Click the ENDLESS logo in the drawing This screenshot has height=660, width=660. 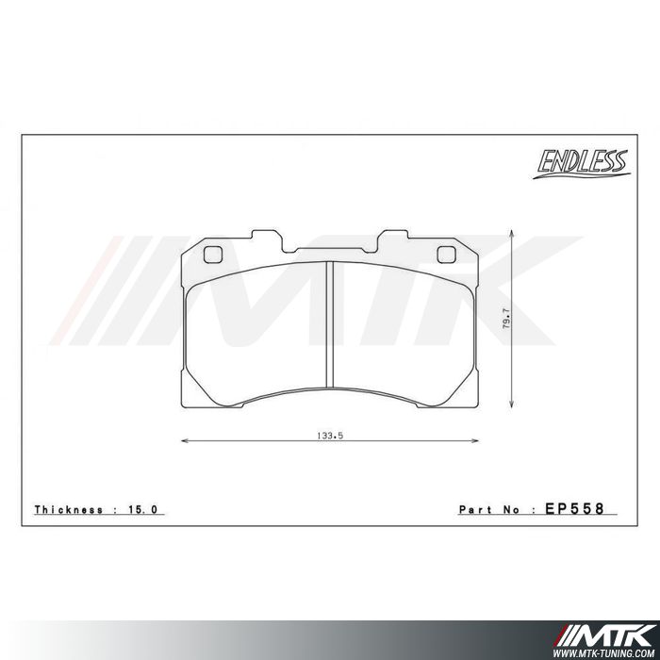(582, 163)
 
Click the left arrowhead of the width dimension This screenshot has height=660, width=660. (183, 440)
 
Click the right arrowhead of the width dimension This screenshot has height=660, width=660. (475, 440)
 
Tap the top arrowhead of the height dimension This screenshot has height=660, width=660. (511, 232)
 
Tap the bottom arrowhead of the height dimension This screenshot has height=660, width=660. (511, 408)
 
